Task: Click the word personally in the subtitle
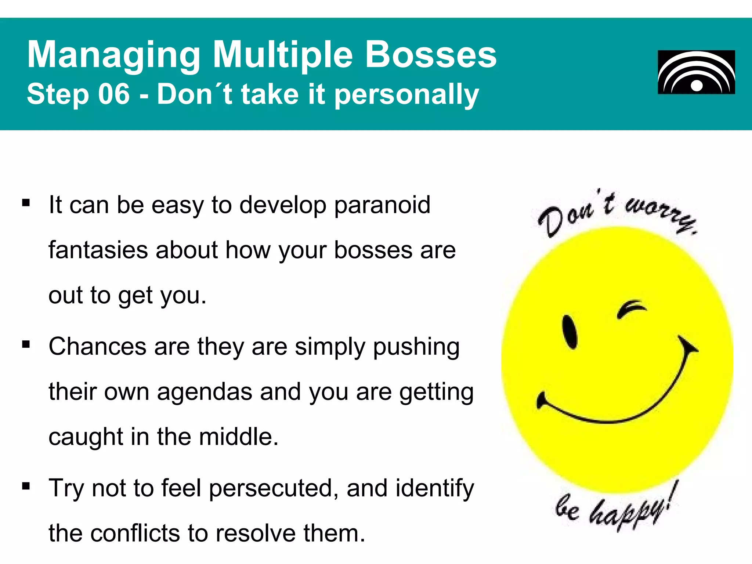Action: pos(407,95)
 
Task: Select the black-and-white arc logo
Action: pos(696,72)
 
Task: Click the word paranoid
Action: pos(382,205)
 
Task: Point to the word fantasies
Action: pos(98,250)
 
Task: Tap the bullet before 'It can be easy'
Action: pos(26,203)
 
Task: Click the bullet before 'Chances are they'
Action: pos(26,344)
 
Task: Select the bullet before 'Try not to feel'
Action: pos(26,486)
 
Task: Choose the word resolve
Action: pos(256,533)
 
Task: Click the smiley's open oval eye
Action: pos(570,331)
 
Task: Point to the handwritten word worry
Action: pos(661,213)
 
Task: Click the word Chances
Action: pos(98,347)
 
